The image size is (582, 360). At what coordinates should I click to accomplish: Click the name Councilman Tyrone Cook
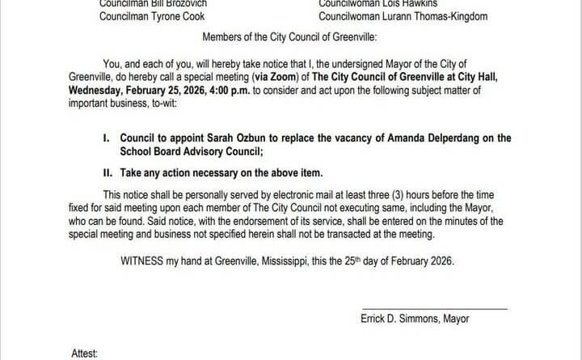point(152,16)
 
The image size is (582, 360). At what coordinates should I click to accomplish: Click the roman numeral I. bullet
point(107,138)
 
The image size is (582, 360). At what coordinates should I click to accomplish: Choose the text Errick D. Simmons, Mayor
point(415,319)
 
